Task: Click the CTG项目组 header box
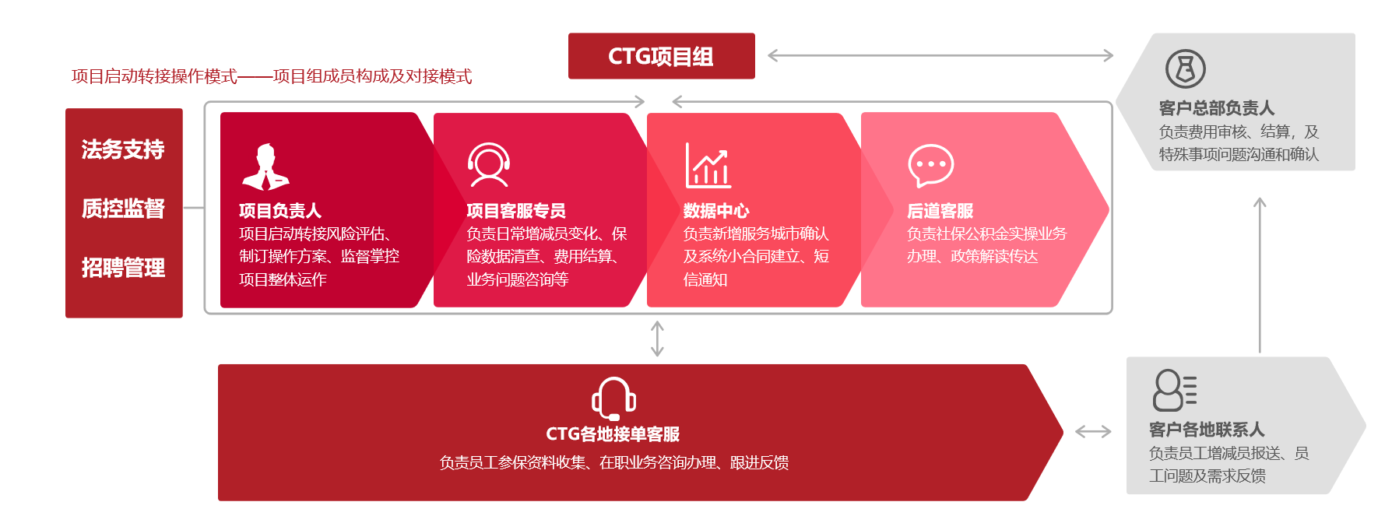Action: pos(662,56)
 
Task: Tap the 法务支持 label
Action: pos(123,149)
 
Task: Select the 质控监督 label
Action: pos(123,209)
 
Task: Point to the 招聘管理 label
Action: pos(123,268)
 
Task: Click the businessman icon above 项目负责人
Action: pos(265,167)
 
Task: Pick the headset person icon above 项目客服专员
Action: pos(489,165)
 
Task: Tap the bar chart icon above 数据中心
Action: pos(708,165)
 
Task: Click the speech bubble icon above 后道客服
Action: pos(931,165)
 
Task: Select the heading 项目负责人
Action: pos(280,211)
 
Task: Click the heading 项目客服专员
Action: pos(516,211)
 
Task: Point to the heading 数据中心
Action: pos(716,211)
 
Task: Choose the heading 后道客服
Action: pos(940,211)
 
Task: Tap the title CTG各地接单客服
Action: pos(613,434)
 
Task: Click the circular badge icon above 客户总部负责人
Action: pos(1186,68)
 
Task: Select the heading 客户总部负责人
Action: pos(1217,108)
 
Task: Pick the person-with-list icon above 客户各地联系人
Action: pos(1175,390)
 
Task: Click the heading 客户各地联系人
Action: pos(1207,430)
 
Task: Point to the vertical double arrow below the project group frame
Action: pos(657,339)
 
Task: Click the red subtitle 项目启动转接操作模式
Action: pos(154,76)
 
